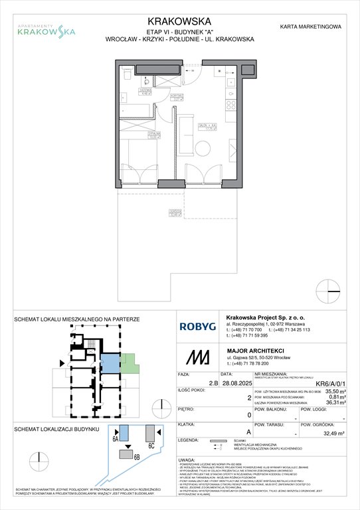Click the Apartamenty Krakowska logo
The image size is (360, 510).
pyautogui.click(x=45, y=28)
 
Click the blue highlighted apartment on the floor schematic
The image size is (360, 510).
pyautogui.click(x=107, y=363)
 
